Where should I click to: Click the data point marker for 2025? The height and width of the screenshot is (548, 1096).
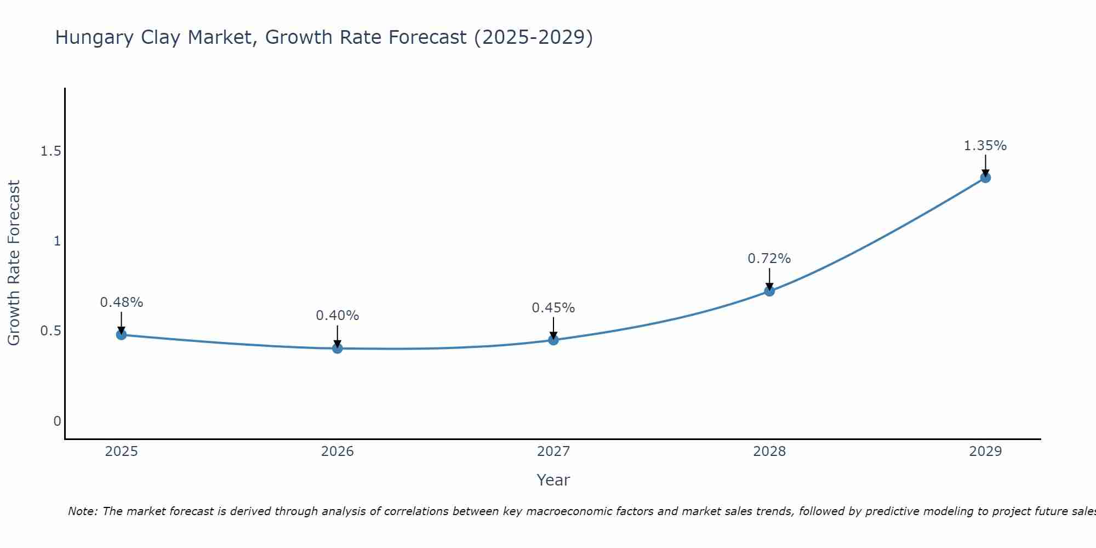click(x=122, y=334)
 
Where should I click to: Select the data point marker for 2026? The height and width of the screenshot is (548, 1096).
click(x=338, y=348)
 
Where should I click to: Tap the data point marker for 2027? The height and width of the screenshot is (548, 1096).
click(x=553, y=340)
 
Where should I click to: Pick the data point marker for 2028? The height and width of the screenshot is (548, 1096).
click(x=769, y=290)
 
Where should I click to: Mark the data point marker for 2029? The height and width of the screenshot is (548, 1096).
click(x=985, y=177)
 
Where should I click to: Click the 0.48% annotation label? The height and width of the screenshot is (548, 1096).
click(x=122, y=302)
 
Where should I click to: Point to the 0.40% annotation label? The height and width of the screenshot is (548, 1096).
click(x=338, y=316)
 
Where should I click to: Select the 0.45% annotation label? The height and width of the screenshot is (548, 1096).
click(x=553, y=308)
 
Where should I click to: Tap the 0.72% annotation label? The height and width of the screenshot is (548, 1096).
click(x=769, y=259)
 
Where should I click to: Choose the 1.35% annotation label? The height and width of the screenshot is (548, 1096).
click(x=985, y=146)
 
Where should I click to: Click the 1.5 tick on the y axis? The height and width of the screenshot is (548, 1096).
click(x=50, y=151)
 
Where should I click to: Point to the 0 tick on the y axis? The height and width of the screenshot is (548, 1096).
click(x=57, y=421)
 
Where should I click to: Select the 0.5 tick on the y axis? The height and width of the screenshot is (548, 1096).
click(x=50, y=331)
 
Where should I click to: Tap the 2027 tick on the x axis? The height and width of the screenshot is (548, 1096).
click(x=553, y=452)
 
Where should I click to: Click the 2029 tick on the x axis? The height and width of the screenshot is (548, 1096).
click(x=985, y=452)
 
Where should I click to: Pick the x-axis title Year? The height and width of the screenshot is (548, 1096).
click(x=553, y=480)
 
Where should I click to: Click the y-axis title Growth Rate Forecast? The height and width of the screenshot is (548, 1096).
click(x=14, y=263)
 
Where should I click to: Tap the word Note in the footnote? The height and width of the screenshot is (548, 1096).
click(x=82, y=511)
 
